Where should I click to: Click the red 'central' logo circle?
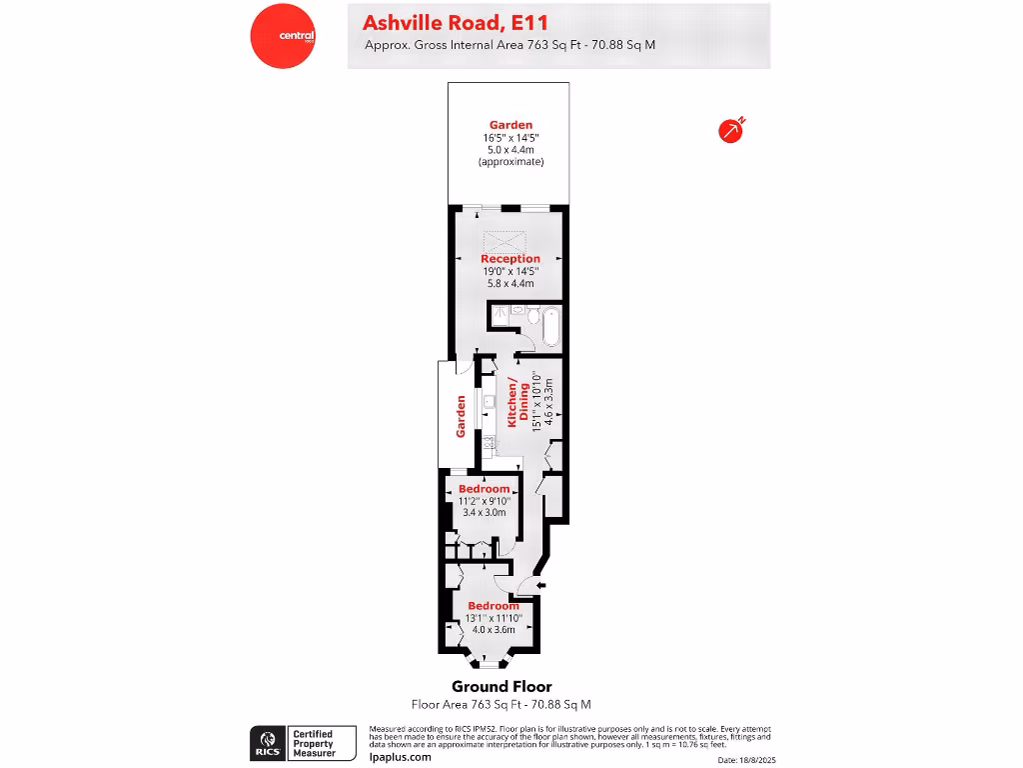283,36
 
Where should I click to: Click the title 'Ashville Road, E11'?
455,22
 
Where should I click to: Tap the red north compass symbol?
731,130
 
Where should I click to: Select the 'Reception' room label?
510,259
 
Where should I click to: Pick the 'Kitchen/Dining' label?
513,404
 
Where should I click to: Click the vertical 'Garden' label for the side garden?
462,415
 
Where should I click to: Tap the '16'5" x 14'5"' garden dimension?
510,137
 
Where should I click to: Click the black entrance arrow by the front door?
540,585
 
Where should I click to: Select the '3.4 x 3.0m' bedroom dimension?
485,512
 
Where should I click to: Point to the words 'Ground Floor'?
502,686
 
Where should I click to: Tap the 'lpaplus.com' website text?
400,757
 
